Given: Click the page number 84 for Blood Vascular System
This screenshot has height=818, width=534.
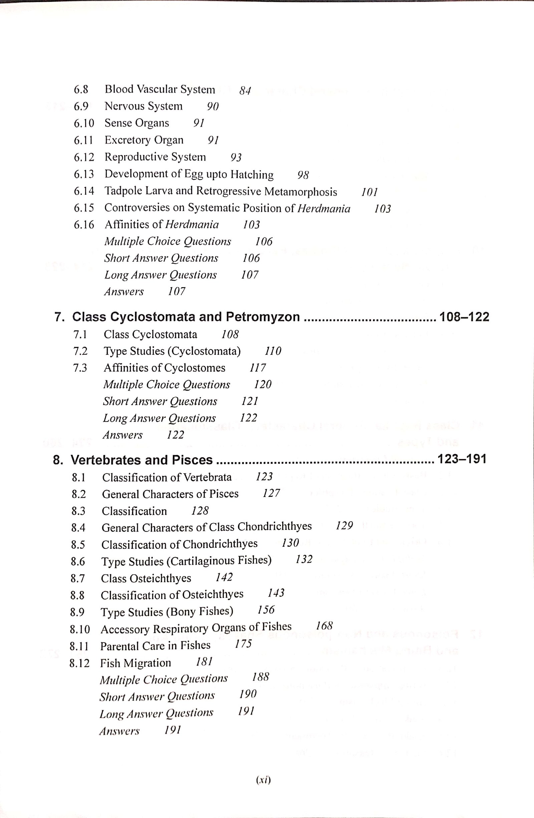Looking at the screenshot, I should [245, 91].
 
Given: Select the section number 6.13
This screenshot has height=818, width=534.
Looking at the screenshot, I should [84, 174].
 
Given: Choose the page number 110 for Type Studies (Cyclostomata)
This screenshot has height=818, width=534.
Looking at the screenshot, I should [273, 351].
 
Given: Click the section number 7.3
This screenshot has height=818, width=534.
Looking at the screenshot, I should [80, 368].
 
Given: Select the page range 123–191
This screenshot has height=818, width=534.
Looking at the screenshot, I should [461, 459].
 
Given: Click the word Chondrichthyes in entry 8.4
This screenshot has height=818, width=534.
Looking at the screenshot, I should [275, 527].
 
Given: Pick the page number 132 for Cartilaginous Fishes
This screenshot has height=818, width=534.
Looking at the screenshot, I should [304, 559].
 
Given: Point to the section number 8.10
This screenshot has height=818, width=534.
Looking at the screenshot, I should [79, 630].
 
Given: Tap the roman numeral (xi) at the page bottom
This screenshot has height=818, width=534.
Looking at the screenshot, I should [264, 781].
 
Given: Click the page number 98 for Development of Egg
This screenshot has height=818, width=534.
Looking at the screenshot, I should [303, 175].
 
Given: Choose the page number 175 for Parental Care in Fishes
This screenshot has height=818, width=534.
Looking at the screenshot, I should [243, 643].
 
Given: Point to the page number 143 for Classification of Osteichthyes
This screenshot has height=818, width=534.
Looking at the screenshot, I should [276, 593].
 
